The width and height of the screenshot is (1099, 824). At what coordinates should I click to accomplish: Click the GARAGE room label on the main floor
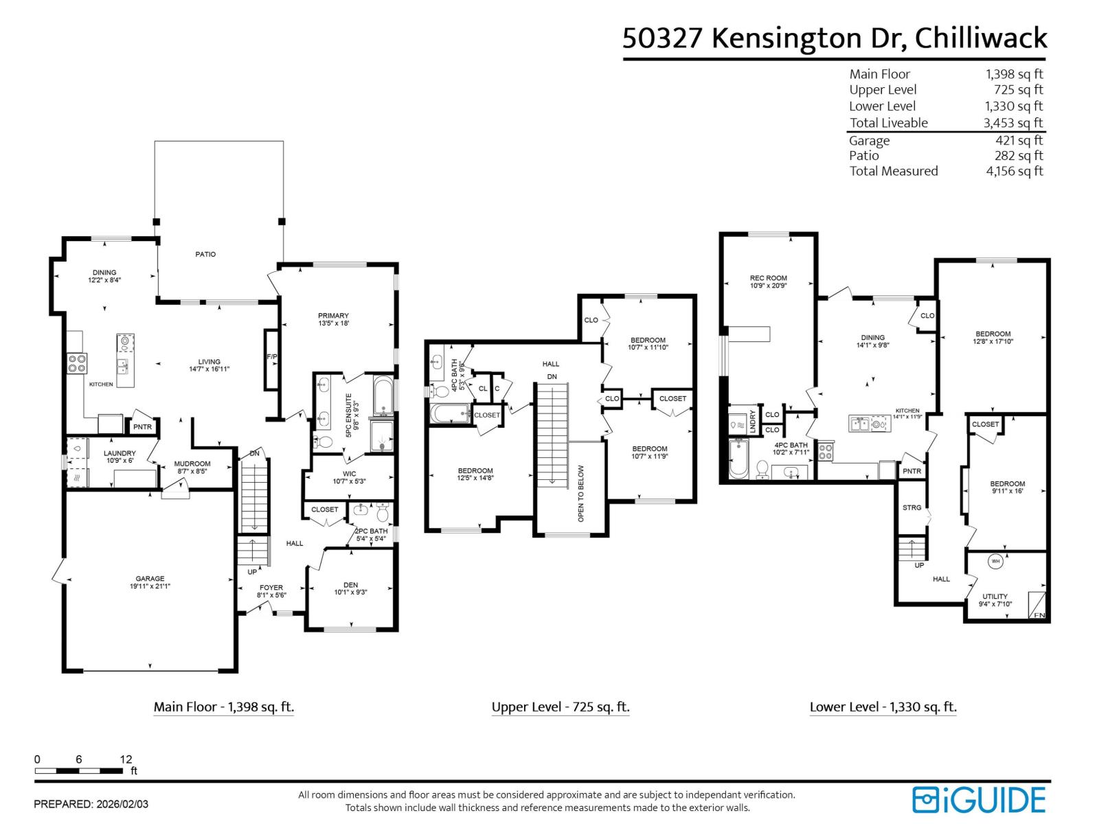[x=150, y=579]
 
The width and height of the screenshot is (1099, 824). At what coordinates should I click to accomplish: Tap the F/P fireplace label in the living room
[x=271, y=357]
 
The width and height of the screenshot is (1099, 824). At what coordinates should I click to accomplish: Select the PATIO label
[x=205, y=254]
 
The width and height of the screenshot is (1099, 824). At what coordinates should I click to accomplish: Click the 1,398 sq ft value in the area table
[x=1014, y=74]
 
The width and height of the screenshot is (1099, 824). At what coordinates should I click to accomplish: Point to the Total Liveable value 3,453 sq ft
[x=1013, y=123]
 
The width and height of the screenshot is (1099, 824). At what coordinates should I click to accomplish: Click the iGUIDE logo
[x=979, y=800]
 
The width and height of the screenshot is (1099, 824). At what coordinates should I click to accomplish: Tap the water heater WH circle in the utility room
[x=995, y=561]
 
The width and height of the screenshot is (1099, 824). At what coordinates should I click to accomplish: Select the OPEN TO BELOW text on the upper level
[x=581, y=493]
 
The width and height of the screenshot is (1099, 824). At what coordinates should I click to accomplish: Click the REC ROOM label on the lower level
[x=768, y=278]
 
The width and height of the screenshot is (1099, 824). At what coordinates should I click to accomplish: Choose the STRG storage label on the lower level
[x=911, y=507]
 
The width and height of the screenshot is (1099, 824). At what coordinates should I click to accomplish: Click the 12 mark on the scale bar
[x=126, y=759]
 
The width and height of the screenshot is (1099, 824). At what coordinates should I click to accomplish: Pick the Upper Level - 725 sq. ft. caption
[x=560, y=707]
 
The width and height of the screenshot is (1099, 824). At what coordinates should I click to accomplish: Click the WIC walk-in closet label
[x=349, y=474]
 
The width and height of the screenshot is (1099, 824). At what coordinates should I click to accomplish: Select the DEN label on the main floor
[x=350, y=585]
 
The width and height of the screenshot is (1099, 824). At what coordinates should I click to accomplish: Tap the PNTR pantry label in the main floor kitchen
[x=143, y=427]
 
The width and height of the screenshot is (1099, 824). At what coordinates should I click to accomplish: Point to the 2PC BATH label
[x=370, y=531]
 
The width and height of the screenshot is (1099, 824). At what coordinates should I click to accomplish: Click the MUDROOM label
[x=192, y=463]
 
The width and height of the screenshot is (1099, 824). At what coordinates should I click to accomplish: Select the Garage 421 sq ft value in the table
[x=1019, y=140]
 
